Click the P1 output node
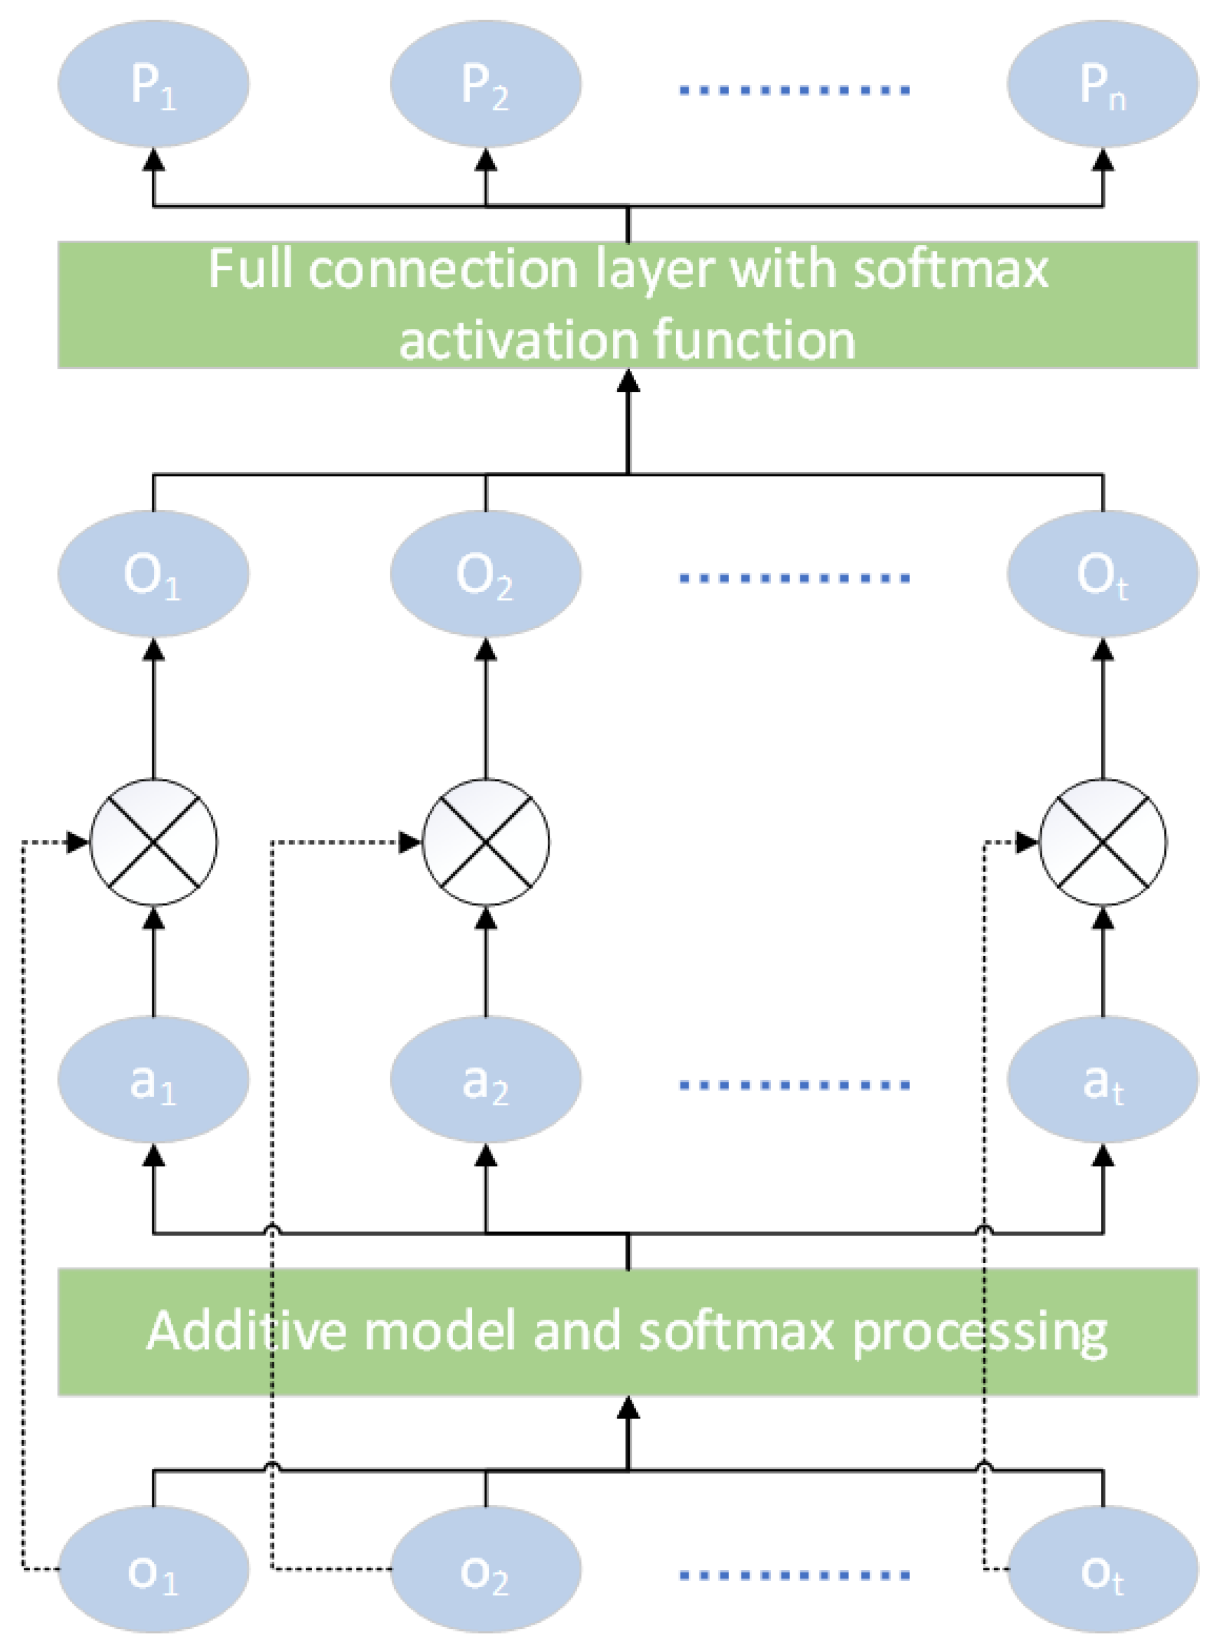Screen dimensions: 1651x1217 pos(154,84)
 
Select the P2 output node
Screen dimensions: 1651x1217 pos(485,84)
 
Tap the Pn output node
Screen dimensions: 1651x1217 pos(1102,84)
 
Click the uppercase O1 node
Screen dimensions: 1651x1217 pos(154,575)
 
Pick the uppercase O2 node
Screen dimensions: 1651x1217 pos(485,575)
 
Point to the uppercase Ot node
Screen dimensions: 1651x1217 pos(1102,575)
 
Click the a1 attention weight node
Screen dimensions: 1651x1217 pos(154,1081)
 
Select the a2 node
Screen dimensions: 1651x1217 pos(485,1081)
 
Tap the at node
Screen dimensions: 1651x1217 pos(1102,1081)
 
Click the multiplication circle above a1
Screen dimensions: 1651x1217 pos(154,841)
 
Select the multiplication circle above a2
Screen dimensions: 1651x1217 pos(485,841)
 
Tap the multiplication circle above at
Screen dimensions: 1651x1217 pos(1102,841)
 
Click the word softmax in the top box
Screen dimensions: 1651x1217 pos(950,269)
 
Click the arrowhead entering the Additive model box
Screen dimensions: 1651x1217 pos(628,1407)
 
